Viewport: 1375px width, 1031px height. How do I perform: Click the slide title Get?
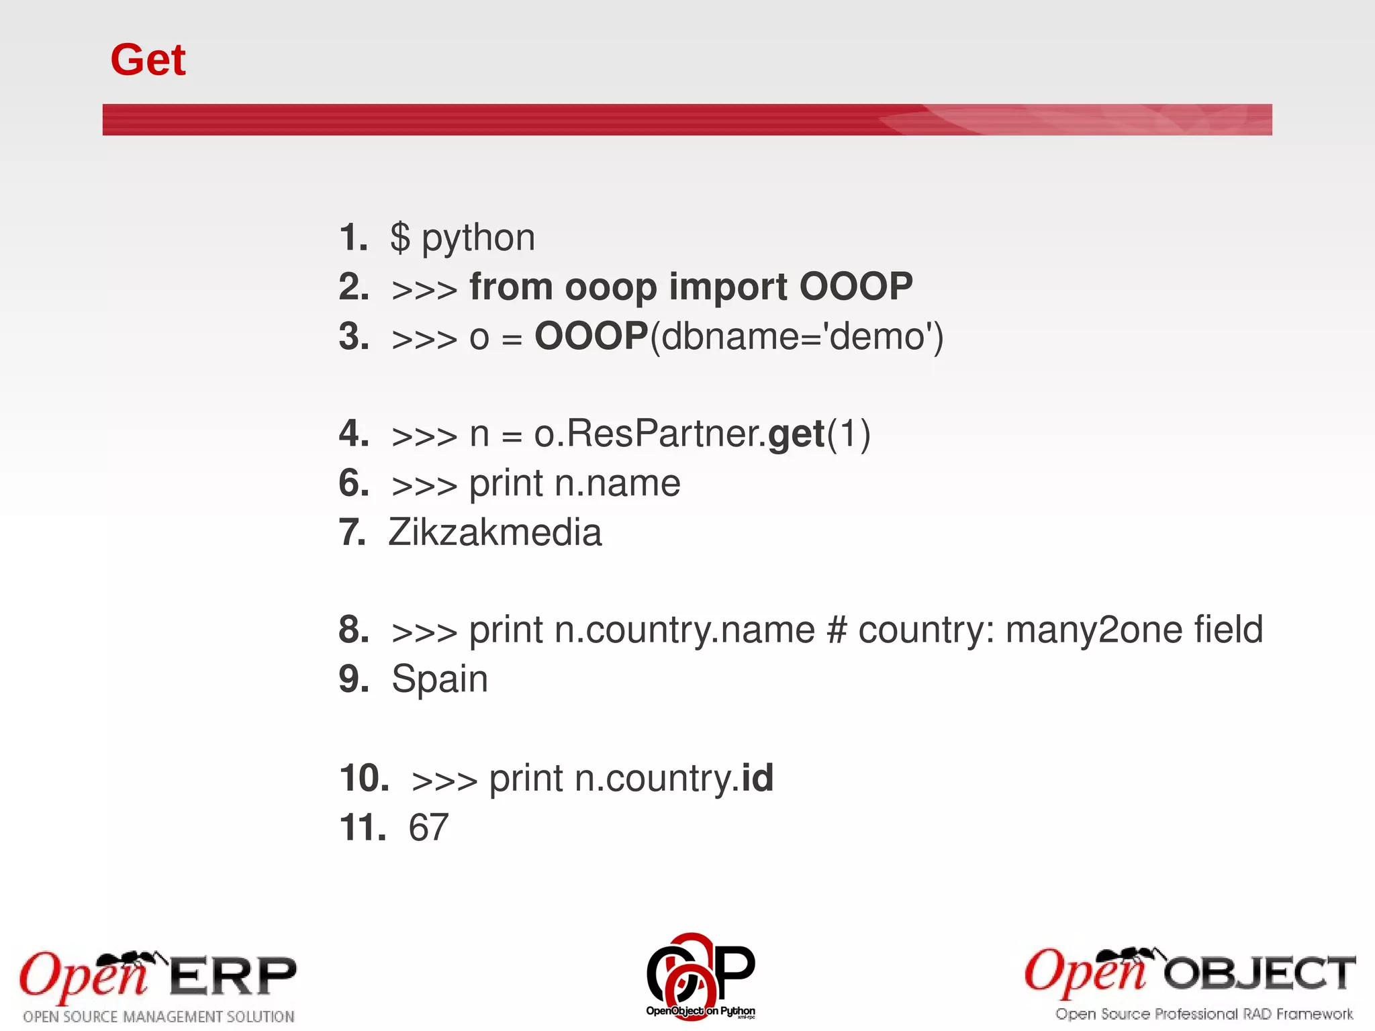(x=148, y=60)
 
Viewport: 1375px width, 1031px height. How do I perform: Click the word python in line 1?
(x=478, y=238)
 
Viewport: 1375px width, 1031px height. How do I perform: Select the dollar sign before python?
(x=400, y=238)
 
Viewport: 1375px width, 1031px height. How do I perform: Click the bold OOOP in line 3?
(x=591, y=336)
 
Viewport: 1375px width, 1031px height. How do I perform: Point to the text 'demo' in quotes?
(x=879, y=336)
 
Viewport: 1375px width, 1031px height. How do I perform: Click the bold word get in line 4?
(x=796, y=435)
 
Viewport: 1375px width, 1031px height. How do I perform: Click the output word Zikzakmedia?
(x=495, y=532)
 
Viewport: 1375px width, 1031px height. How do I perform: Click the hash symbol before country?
(x=836, y=630)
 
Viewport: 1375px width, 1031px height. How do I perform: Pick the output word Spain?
(x=440, y=679)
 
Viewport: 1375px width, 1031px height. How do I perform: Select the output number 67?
(x=428, y=827)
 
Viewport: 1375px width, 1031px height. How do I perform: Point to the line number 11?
(x=363, y=827)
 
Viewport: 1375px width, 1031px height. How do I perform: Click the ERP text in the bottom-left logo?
(x=232, y=977)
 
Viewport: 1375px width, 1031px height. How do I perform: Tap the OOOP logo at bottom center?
(x=700, y=975)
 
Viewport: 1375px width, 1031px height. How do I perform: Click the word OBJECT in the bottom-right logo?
(x=1260, y=974)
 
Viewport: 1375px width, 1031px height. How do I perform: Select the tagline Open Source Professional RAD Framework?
(x=1204, y=1014)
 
